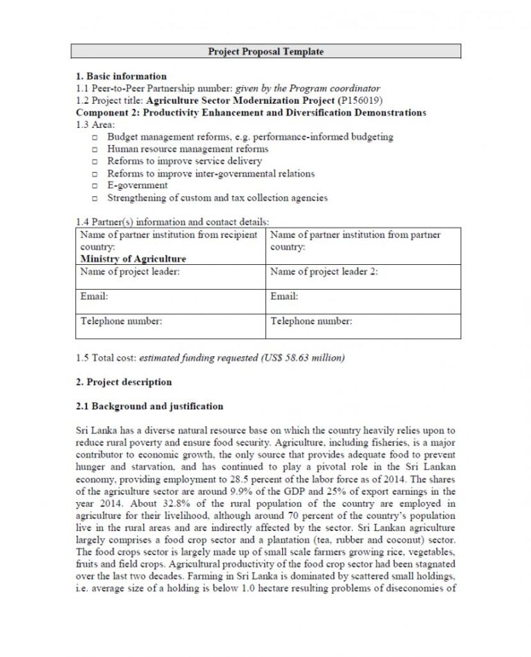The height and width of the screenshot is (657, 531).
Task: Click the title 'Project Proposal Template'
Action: pyautogui.click(x=266, y=51)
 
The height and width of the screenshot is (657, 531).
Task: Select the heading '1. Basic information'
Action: pyautogui.click(x=121, y=76)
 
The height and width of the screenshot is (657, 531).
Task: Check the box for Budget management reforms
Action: pyautogui.click(x=95, y=138)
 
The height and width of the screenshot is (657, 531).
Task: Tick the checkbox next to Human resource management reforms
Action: pyautogui.click(x=95, y=149)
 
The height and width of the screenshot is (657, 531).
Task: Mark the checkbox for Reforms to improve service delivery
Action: pyautogui.click(x=95, y=162)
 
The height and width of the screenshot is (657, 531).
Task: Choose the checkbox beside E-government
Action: pyautogui.click(x=95, y=186)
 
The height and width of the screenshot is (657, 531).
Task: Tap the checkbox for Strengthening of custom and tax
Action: pyautogui.click(x=95, y=198)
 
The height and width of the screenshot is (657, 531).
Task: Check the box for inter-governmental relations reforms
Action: pyautogui.click(x=95, y=174)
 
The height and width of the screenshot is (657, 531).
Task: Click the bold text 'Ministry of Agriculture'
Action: pyautogui.click(x=133, y=259)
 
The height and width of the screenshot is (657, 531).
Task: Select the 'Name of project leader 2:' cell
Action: pyautogui.click(x=324, y=272)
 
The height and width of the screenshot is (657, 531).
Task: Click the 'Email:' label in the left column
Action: pyautogui.click(x=94, y=297)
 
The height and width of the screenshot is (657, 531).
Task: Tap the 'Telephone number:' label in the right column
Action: pyautogui.click(x=310, y=321)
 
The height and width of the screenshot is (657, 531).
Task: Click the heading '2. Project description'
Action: pyautogui.click(x=124, y=382)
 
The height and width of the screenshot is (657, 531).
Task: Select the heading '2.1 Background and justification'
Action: pyautogui.click(x=149, y=406)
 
